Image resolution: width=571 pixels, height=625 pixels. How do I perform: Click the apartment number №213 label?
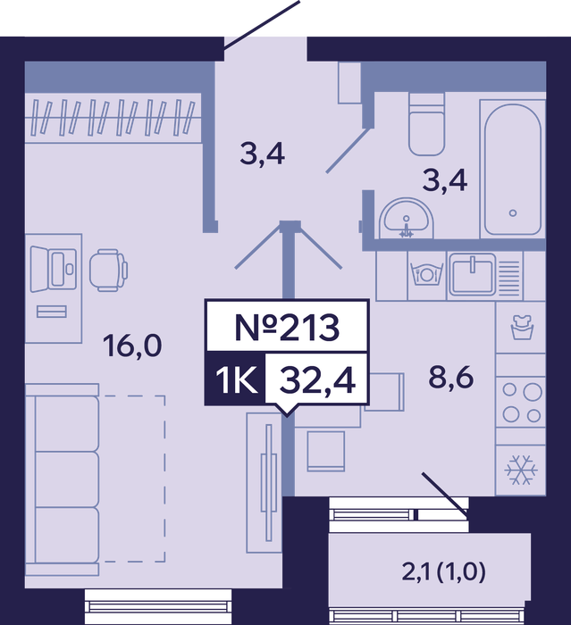[x=287, y=328]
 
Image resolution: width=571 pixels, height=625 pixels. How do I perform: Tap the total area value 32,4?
[x=317, y=379]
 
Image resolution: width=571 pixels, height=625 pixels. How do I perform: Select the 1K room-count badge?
[x=235, y=379]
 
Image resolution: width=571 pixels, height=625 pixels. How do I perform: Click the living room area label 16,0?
[x=132, y=346]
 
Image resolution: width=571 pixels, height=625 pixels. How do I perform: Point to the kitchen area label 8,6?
[x=451, y=377]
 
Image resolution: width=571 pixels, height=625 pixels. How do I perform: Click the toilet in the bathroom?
[x=426, y=124]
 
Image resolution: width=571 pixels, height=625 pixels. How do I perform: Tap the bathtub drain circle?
[x=513, y=212]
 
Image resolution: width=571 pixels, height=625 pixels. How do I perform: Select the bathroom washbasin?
[x=407, y=219]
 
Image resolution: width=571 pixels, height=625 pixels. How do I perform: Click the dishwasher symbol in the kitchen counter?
[x=426, y=275]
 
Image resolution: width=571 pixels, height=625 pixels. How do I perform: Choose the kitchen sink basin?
[x=472, y=275]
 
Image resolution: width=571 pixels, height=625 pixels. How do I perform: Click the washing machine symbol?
[x=522, y=327]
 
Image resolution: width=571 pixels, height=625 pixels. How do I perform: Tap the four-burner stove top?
[x=521, y=403]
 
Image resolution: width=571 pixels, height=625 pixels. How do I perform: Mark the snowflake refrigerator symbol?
[x=521, y=470]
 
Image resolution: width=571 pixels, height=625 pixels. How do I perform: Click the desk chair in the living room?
[x=108, y=271]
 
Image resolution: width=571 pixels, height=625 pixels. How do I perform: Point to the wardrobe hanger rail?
[x=113, y=117]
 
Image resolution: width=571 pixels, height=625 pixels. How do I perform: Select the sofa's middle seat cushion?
[x=67, y=479]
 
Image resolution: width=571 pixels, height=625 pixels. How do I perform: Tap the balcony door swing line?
[x=444, y=493]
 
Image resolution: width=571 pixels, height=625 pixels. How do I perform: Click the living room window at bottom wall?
[x=158, y=606]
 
